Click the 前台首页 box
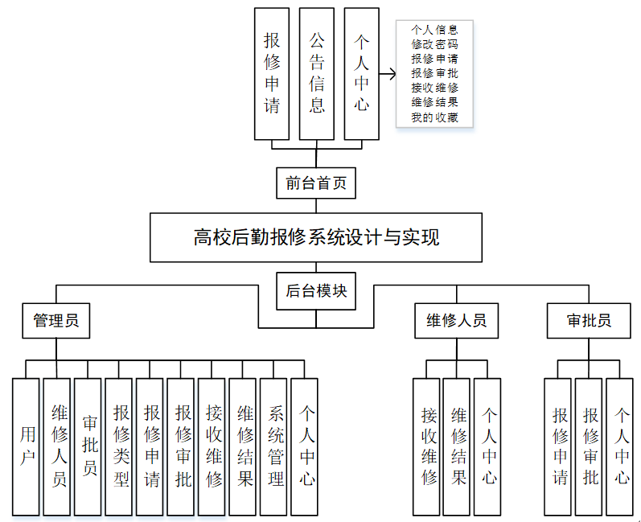316,183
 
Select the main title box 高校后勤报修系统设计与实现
316,237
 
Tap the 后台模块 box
316,290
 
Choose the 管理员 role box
55,320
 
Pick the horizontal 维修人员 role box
456,320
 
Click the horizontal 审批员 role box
589,320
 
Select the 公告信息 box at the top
316,73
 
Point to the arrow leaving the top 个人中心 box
387,74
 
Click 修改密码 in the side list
434,44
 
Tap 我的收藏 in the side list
434,117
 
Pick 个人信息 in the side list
434,30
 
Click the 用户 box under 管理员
27,446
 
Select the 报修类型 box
120,446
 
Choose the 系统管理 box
275,446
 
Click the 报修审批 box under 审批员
590,446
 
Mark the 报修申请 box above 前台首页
272,73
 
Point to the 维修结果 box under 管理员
244,446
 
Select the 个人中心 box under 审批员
620,446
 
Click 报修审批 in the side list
434,73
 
